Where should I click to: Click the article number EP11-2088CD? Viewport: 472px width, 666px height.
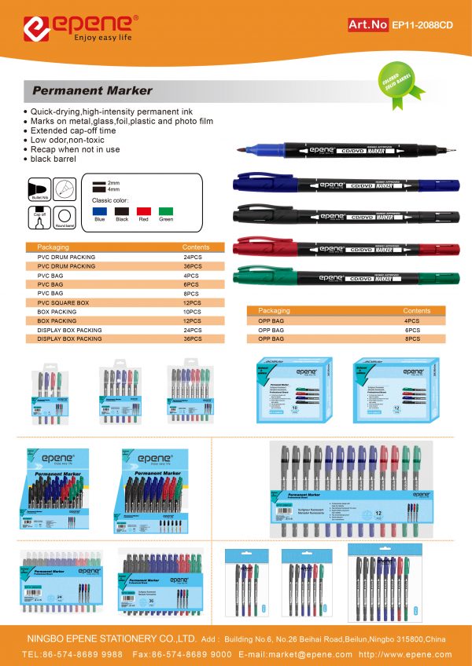[422, 24]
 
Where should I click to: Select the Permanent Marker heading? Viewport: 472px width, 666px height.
[92, 91]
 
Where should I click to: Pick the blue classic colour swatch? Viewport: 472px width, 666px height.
[99, 211]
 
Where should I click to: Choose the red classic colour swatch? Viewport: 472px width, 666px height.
[143, 211]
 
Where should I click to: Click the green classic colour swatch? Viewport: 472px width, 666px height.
[165, 211]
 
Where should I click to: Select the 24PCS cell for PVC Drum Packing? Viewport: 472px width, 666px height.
[194, 258]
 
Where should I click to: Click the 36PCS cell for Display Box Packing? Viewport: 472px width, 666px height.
[194, 339]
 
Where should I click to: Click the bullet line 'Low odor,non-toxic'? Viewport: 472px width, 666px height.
[70, 140]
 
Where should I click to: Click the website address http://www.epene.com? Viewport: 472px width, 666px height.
[405, 654]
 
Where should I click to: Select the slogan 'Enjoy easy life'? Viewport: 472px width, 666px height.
[102, 37]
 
